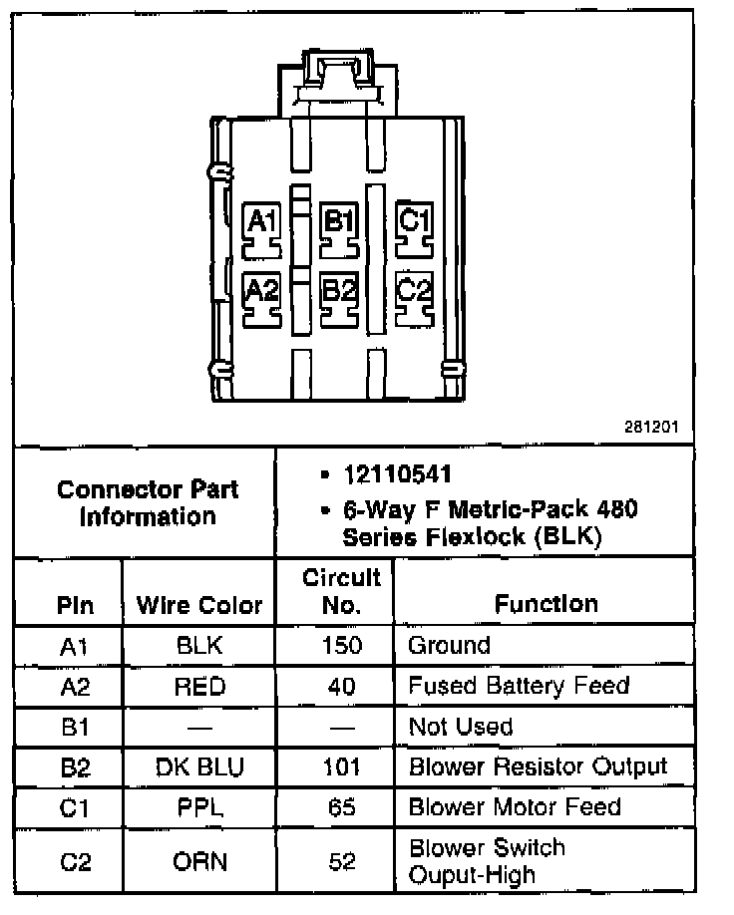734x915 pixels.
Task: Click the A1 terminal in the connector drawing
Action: [263, 225]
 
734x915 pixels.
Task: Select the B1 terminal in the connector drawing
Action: [339, 225]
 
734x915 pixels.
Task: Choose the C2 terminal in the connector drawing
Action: [414, 293]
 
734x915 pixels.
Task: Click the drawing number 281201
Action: [652, 426]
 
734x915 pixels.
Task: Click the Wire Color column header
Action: [199, 604]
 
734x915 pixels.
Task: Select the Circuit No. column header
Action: [342, 591]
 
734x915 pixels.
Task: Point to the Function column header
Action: [546, 604]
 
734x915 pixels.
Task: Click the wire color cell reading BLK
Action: [199, 645]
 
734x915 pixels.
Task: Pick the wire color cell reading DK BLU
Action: [199, 766]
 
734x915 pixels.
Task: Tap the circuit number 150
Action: [342, 645]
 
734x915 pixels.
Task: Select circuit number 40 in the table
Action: [342, 686]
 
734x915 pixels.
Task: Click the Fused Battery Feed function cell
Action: [519, 686]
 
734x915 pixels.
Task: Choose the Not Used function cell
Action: [461, 727]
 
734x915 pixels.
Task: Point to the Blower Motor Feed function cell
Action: [515, 806]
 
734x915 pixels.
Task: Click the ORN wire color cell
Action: [199, 860]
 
